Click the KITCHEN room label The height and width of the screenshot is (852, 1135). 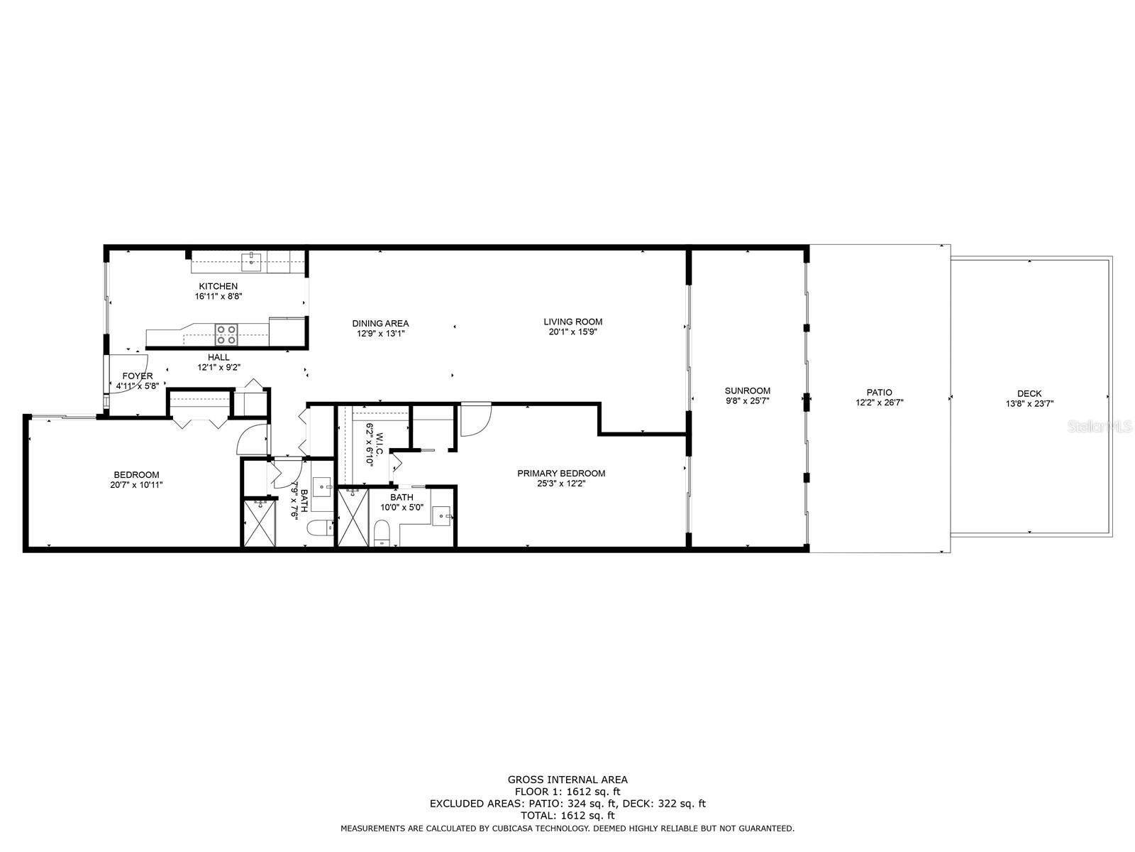pyautogui.click(x=218, y=286)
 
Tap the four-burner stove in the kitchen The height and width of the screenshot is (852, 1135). pyautogui.click(x=226, y=334)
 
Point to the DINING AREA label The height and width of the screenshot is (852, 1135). pyautogui.click(x=380, y=323)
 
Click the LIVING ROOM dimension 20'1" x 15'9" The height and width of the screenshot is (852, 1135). pyautogui.click(x=572, y=332)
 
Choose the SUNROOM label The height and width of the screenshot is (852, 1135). pyautogui.click(x=747, y=390)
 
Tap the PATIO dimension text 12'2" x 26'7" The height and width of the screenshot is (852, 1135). pyautogui.click(x=879, y=403)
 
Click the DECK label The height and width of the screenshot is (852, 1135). pyautogui.click(x=1029, y=393)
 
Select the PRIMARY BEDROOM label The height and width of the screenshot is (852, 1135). pyautogui.click(x=561, y=474)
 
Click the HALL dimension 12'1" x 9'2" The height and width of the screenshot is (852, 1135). pyautogui.click(x=218, y=367)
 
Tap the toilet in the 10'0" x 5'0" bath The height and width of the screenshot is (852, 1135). pyautogui.click(x=381, y=532)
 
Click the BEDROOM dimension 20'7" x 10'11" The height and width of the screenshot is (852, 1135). pyautogui.click(x=136, y=485)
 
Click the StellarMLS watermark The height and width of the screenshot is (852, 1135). pyautogui.click(x=1099, y=427)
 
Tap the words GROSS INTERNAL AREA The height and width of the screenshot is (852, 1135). pyautogui.click(x=567, y=780)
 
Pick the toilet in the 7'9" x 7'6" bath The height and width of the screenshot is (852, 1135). pyautogui.click(x=320, y=528)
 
